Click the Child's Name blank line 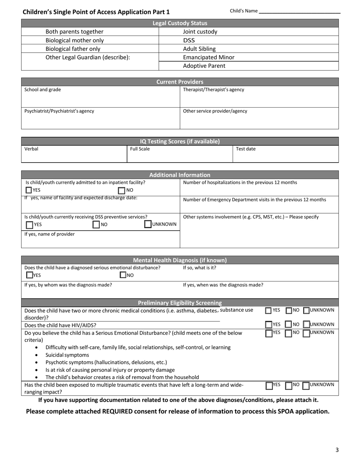point(299,13)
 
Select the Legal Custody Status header point(180,23)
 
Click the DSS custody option point(189,40)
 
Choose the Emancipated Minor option point(208,57)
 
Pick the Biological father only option point(73,49)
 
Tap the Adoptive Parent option point(204,66)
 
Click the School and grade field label point(42,90)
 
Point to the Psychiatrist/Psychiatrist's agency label point(59,111)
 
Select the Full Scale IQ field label point(140,149)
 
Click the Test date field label point(246,149)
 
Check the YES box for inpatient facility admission point(29,190)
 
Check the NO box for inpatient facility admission point(122,190)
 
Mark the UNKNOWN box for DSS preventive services point(148,224)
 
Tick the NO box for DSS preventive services point(96,225)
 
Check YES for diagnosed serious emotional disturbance point(30,275)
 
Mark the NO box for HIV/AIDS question point(289,325)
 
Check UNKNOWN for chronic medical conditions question point(307,311)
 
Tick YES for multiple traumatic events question point(269,386)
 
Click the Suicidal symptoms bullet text point(67,355)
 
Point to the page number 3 point(337,450)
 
